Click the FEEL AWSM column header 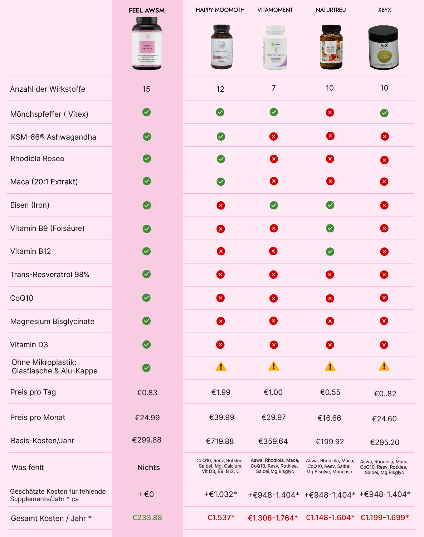point(147,10)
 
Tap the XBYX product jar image point(384,47)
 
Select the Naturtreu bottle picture point(331,47)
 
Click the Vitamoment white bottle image point(275,48)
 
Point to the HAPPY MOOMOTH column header point(220,10)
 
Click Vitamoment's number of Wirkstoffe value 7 point(274,88)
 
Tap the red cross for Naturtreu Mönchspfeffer point(330,113)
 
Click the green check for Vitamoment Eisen point(274,205)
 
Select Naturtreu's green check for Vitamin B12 point(330,252)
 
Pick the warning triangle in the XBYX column point(384,366)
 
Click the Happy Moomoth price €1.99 point(221,392)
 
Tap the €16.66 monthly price point(329,418)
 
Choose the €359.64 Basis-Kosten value point(273,441)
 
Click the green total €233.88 point(147,518)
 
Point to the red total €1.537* point(221,518)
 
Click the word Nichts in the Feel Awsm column point(148,468)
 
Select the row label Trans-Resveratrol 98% point(50,275)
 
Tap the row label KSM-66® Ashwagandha point(53,137)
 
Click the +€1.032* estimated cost point(220,494)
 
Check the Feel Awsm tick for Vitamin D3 point(146,344)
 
